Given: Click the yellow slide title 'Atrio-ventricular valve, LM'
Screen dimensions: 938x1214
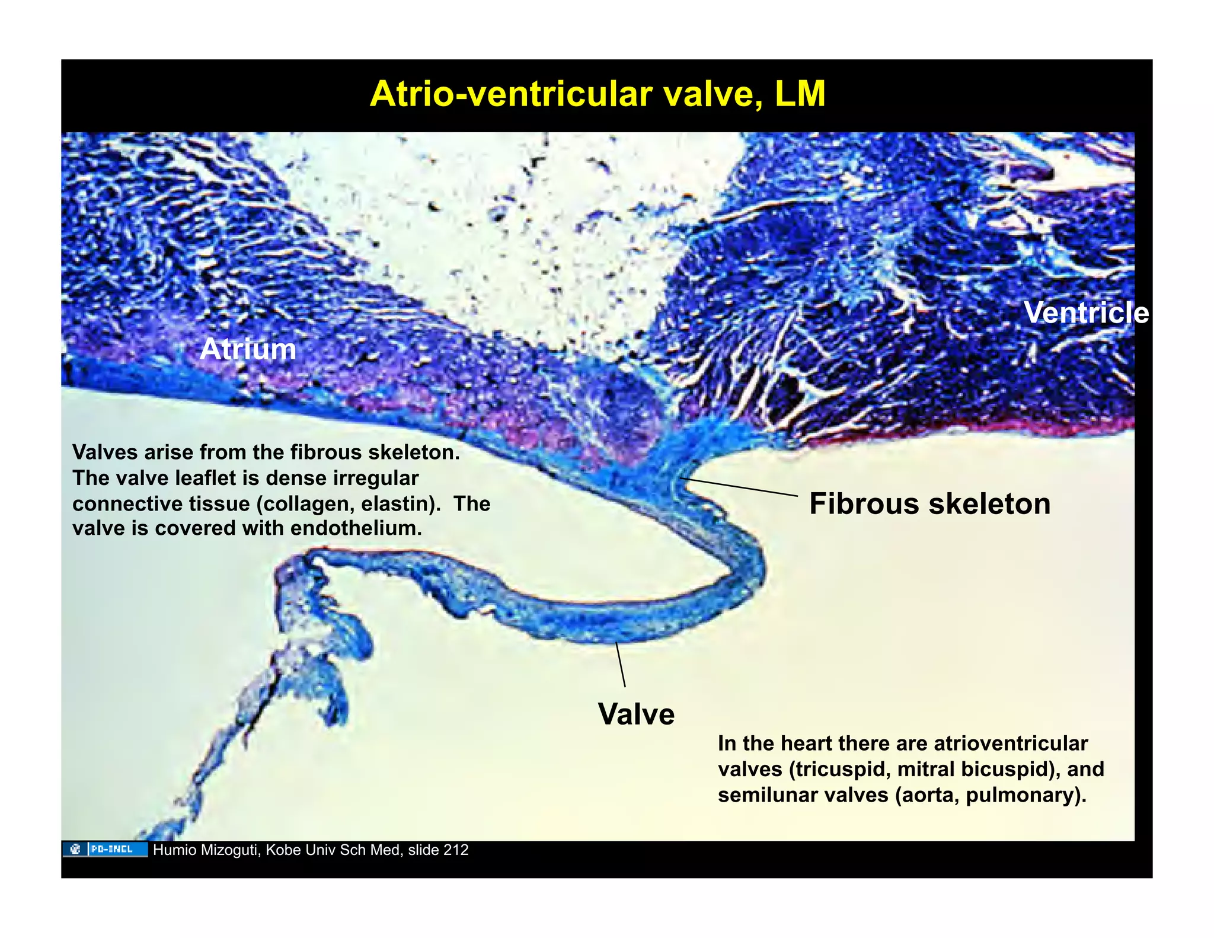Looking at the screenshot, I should click(x=597, y=94).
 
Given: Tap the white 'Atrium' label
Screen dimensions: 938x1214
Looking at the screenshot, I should click(x=248, y=349).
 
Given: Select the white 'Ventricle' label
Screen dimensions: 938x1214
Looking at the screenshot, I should click(x=1086, y=312).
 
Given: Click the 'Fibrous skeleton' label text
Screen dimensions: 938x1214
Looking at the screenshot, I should click(x=929, y=504).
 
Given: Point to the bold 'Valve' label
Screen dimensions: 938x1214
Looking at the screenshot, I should click(x=636, y=714).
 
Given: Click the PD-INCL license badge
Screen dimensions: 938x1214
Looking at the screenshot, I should click(x=105, y=849).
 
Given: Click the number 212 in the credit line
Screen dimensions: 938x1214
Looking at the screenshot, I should click(x=456, y=850).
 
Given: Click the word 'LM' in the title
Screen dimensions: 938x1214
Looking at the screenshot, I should click(x=800, y=94).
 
